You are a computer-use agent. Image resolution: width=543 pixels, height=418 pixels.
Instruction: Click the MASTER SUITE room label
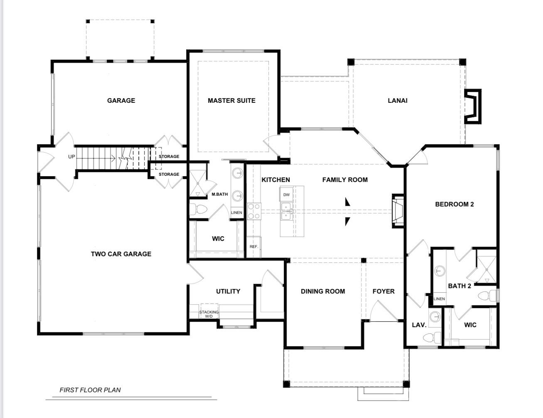tap(231, 100)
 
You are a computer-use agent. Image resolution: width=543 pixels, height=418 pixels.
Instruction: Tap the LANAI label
tap(398, 100)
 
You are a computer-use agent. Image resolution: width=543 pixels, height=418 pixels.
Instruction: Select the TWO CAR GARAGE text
tap(121, 254)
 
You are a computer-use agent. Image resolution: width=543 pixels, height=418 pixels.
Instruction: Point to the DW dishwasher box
tap(286, 194)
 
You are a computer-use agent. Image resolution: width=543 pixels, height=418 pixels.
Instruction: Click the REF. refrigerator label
tap(253, 247)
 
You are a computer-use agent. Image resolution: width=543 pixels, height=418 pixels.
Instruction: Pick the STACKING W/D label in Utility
tap(209, 314)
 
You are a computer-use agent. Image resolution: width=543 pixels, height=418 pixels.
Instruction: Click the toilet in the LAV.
tap(432, 338)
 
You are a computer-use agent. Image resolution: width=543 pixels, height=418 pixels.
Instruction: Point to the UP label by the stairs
tap(71, 157)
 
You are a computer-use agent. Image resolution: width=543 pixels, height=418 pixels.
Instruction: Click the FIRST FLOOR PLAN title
tap(90, 390)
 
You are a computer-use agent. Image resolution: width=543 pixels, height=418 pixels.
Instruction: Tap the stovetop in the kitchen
tap(254, 211)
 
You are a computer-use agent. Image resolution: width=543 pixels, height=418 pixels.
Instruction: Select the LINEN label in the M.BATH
tap(236, 212)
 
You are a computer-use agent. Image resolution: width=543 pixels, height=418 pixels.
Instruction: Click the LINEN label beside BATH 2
tap(439, 299)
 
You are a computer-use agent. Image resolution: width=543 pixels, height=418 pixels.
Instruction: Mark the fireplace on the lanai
tap(473, 107)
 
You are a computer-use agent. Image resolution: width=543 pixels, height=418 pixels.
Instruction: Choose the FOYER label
tap(383, 291)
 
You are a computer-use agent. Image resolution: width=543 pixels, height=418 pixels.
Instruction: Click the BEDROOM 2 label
tap(454, 204)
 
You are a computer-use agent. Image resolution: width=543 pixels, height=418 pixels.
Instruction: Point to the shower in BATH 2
tap(486, 270)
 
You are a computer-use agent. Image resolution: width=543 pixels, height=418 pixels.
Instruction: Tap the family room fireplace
tap(398, 211)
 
